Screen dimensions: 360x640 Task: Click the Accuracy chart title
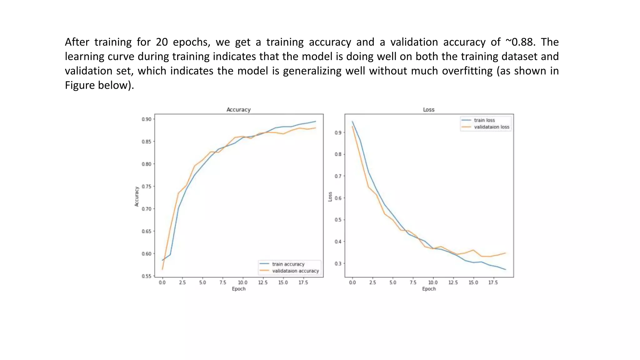(x=238, y=110)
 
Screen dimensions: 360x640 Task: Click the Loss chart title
(x=428, y=110)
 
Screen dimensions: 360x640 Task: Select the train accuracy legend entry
(x=288, y=264)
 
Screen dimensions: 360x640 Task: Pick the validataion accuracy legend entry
(x=295, y=271)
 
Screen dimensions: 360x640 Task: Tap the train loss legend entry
(x=484, y=120)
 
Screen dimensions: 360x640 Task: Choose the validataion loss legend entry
(x=491, y=127)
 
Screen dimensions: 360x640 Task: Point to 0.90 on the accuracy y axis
(x=146, y=119)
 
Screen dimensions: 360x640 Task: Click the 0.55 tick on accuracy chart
(x=146, y=276)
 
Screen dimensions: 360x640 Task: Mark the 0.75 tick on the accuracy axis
(x=146, y=187)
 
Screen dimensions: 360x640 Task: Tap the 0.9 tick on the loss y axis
(x=338, y=132)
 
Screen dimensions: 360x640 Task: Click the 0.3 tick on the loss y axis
(x=338, y=263)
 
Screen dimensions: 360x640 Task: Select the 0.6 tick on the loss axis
(x=338, y=198)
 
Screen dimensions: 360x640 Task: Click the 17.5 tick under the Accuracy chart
(x=303, y=282)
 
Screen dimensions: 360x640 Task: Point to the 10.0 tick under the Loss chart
(x=433, y=282)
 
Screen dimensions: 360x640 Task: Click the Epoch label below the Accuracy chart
(x=239, y=289)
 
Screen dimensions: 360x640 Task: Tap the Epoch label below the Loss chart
(x=429, y=289)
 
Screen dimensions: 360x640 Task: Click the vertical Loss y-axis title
(x=330, y=197)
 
